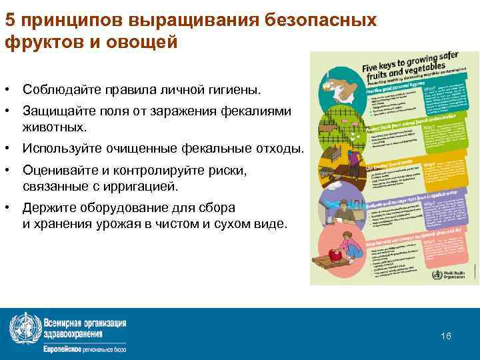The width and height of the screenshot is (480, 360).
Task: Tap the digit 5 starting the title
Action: pyautogui.click(x=10, y=19)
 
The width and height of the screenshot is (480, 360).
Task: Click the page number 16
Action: pyautogui.click(x=446, y=336)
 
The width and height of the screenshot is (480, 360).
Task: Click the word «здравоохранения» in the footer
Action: pyautogui.click(x=73, y=334)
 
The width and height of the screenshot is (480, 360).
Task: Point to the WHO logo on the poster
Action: pyautogui.click(x=437, y=274)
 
